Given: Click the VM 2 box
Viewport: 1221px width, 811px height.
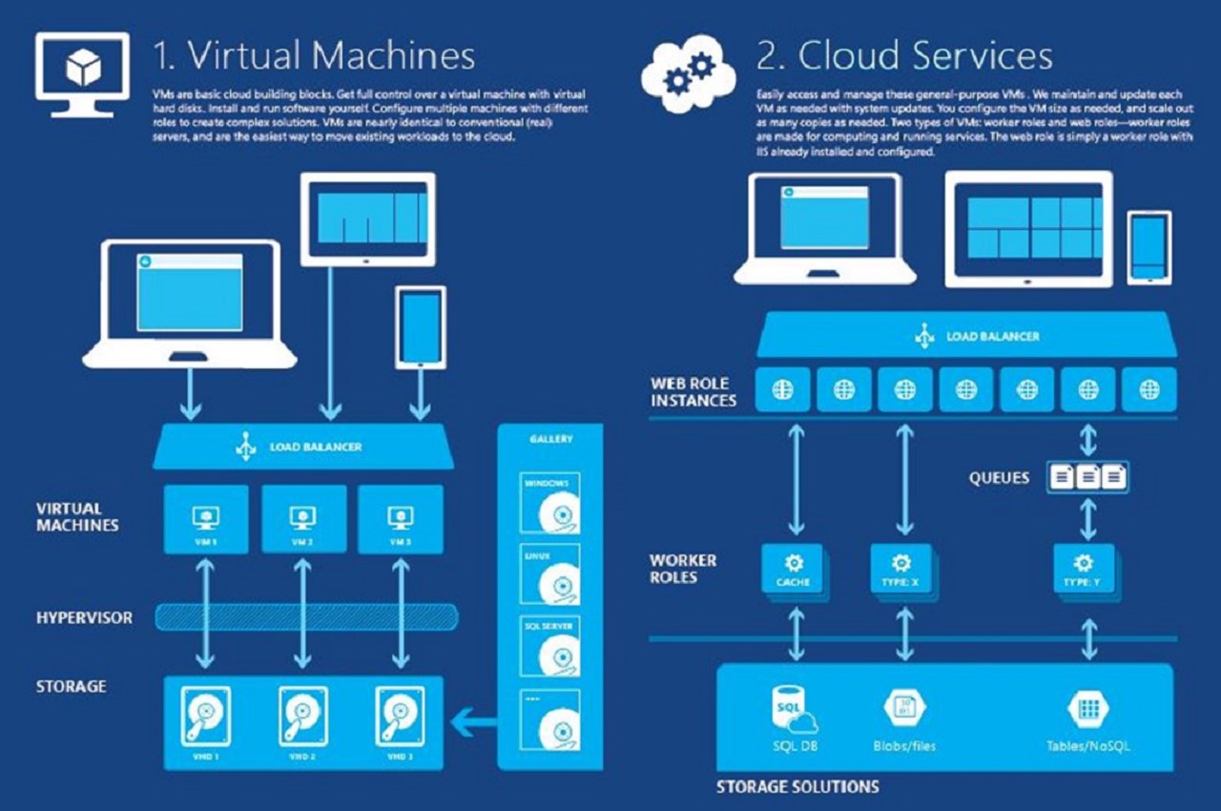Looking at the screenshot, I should (x=304, y=520).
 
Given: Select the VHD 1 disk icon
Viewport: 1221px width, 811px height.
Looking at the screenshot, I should (x=205, y=716).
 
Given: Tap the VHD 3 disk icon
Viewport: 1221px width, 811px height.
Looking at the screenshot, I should (x=399, y=716).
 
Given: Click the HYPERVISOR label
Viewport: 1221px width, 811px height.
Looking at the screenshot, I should (x=84, y=617).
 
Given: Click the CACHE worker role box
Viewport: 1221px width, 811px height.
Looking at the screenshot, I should (x=793, y=570).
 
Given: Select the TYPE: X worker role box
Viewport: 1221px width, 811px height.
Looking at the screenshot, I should (x=900, y=570).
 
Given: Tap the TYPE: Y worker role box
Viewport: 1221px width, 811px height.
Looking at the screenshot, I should (x=1083, y=570).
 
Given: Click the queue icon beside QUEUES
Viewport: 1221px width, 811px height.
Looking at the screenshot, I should (x=1087, y=477).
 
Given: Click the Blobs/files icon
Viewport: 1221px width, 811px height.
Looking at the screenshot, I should (x=901, y=708).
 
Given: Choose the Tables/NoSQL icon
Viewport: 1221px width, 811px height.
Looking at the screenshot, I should (x=1086, y=708).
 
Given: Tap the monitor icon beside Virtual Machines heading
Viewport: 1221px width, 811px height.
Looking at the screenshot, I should (x=82, y=67).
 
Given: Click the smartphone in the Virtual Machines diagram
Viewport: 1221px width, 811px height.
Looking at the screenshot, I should (x=421, y=326).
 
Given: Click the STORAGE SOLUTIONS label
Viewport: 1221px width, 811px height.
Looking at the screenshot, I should (x=797, y=787).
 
